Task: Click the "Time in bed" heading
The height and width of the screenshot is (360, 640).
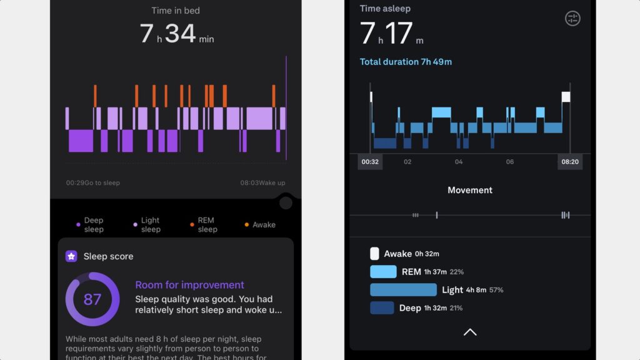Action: click(176, 11)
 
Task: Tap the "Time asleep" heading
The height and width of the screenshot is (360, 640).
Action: click(385, 9)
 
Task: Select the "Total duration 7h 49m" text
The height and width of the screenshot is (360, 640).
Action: click(406, 62)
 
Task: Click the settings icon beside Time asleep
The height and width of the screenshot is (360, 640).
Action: click(572, 18)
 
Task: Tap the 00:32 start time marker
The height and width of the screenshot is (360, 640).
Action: click(370, 162)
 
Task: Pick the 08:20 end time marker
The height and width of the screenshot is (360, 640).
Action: click(570, 162)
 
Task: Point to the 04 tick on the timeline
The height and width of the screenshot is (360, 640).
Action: click(459, 162)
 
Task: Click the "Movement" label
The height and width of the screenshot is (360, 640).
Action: click(470, 190)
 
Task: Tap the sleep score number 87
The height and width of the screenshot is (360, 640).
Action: click(92, 299)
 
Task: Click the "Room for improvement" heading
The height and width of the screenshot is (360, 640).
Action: click(189, 285)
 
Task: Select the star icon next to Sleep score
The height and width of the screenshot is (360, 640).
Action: click(71, 256)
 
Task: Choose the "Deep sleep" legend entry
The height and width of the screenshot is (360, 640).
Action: click(93, 225)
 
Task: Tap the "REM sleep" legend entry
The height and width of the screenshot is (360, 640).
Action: click(207, 225)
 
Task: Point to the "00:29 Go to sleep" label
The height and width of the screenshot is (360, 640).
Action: click(93, 183)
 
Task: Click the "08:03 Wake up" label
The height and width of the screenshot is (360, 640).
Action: click(262, 183)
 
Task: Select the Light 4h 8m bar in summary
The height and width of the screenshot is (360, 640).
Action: click(403, 290)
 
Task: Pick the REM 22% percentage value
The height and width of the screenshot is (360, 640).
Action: click(456, 272)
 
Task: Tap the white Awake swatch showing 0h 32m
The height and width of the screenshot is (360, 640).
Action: click(374, 254)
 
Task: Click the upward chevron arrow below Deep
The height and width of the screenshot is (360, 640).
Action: click(470, 332)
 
